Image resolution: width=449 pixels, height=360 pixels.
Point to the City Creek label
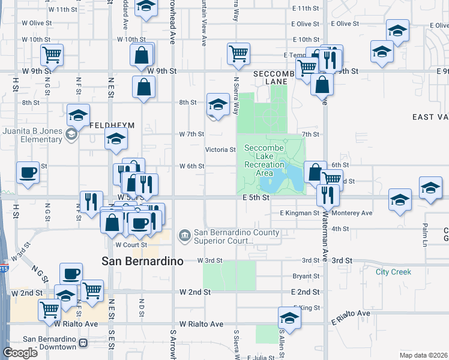point(393,272)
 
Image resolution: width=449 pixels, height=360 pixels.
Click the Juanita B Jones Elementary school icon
point(71,134)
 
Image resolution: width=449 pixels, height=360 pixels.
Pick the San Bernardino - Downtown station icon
point(83,344)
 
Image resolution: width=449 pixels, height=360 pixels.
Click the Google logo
point(20,353)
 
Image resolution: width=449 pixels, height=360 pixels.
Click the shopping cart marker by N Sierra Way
point(239,53)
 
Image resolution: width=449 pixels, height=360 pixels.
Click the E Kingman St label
point(299,213)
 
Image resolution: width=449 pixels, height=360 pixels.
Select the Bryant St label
point(306,277)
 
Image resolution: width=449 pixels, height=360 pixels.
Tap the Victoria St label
point(220,149)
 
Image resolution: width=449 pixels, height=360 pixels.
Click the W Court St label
point(131,245)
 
